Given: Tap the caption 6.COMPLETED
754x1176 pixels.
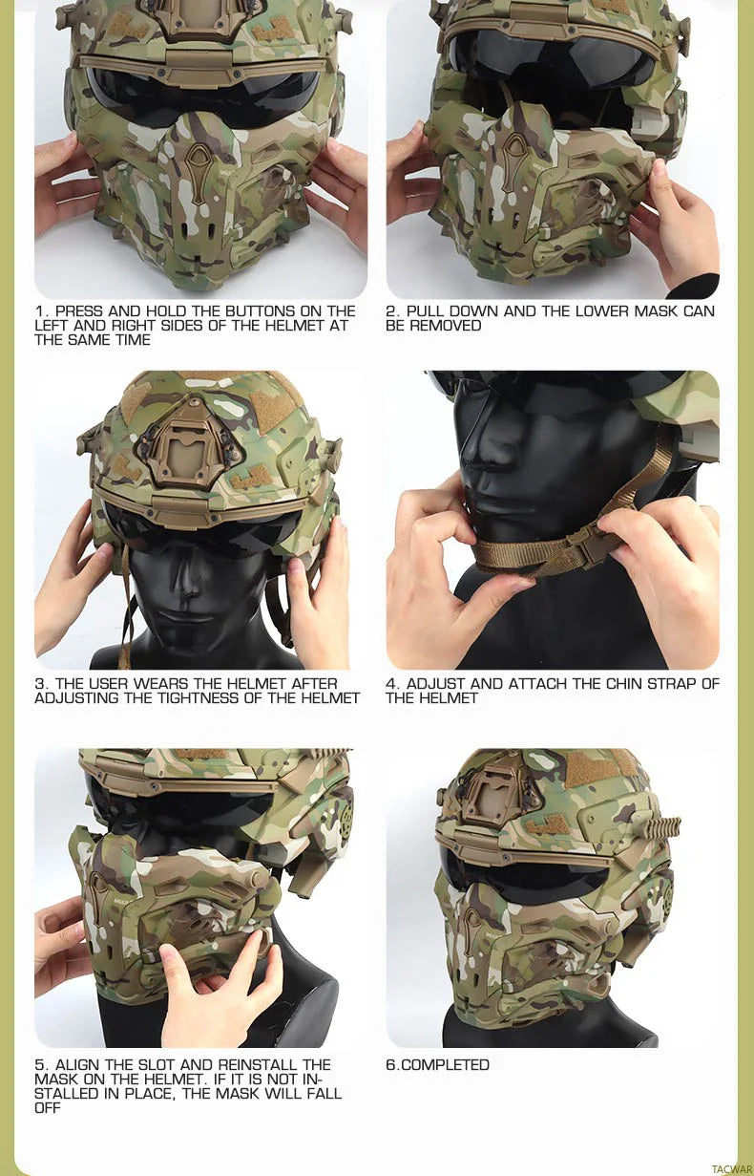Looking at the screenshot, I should coord(437,1065).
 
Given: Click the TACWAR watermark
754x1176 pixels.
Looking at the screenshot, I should coord(732,1168).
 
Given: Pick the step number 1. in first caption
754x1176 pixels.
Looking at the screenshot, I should coord(42,311).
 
